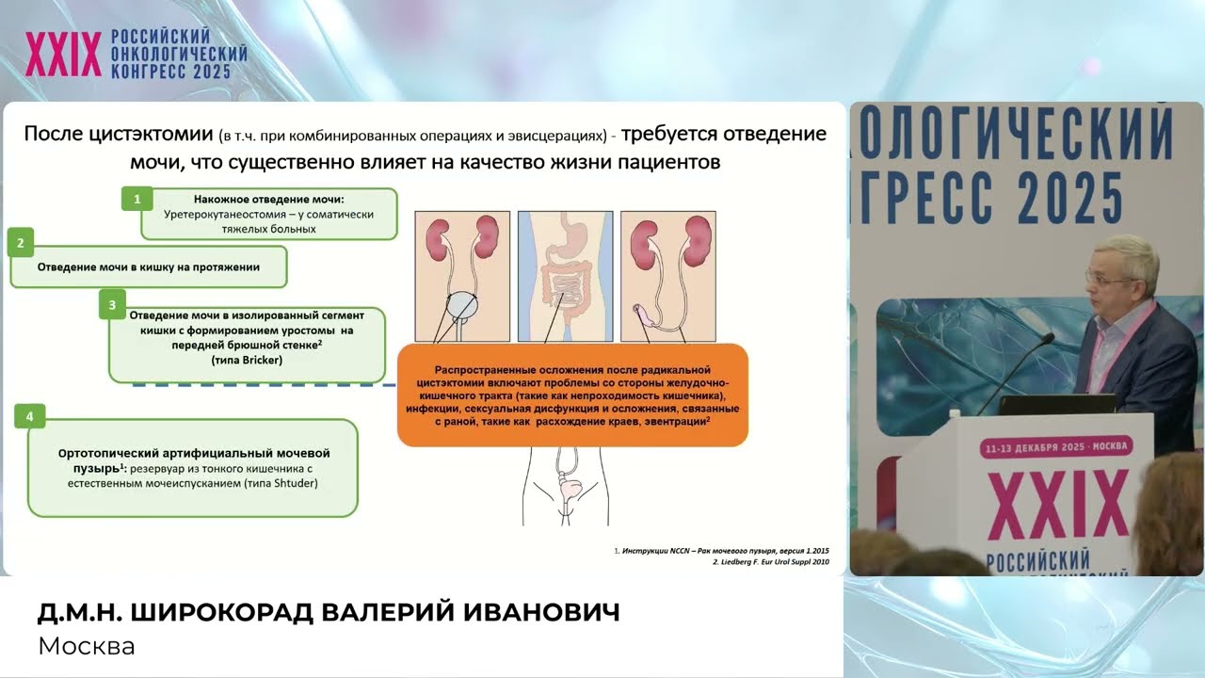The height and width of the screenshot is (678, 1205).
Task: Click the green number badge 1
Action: pos(137,199)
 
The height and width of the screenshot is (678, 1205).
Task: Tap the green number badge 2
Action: pos(21,242)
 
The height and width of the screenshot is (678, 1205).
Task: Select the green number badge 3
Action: pos(112,304)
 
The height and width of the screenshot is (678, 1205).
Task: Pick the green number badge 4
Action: pos(31,415)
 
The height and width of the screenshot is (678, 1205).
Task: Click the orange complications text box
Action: pos(572,395)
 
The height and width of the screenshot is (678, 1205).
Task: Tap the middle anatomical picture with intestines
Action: pos(565,276)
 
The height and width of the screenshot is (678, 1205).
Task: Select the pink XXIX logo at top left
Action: pos(63,54)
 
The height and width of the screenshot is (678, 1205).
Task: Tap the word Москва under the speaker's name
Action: pos(87,647)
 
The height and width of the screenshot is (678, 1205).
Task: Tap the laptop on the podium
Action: pos(1054,404)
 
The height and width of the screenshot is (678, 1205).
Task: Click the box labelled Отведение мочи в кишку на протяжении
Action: pos(148,267)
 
